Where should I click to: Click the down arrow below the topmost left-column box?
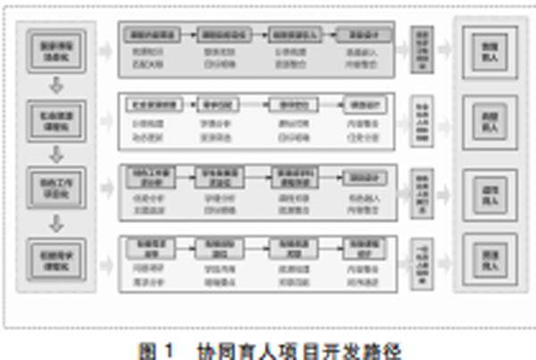(x=55, y=85)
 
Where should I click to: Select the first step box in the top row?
(x=151, y=36)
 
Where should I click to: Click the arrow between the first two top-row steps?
(x=185, y=36)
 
